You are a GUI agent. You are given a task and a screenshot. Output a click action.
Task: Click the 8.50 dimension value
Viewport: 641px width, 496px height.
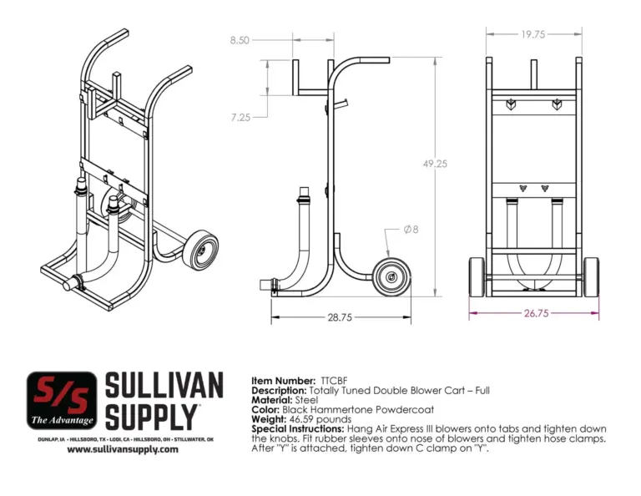tap(240, 39)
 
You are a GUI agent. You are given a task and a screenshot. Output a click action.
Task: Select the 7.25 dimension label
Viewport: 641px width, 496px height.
tap(240, 118)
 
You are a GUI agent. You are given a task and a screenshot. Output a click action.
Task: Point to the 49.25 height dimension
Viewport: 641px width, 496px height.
tap(434, 164)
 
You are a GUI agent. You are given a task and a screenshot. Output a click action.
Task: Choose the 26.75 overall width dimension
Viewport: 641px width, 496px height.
tap(534, 314)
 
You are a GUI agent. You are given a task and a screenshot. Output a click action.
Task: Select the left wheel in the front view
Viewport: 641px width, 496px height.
tap(477, 276)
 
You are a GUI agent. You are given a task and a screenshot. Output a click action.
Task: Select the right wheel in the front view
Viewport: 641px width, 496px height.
tap(591, 276)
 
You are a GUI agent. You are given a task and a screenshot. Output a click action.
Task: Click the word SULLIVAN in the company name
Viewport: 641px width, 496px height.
tap(164, 387)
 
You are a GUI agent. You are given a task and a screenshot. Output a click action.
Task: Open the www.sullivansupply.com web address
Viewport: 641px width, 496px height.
tap(123, 449)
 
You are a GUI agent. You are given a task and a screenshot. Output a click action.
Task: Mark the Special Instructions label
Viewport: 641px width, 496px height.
tap(291, 428)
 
